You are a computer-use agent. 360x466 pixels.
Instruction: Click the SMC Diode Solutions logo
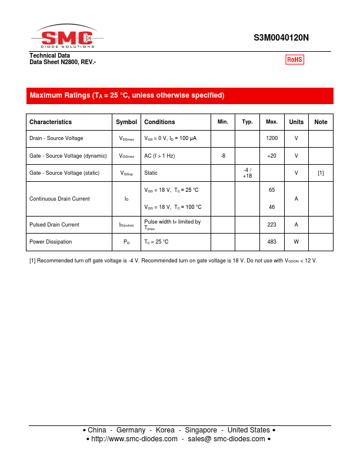66,38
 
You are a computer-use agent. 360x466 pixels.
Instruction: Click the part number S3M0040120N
281,38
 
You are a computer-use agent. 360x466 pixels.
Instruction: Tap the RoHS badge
295,59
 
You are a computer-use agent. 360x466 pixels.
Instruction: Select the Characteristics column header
51,122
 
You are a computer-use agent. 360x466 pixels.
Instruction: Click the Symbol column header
126,122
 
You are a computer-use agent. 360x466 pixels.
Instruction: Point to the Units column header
296,122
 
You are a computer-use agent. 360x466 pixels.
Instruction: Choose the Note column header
321,122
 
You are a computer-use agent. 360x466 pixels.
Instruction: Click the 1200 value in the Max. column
272,138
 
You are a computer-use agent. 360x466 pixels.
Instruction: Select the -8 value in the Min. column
223,156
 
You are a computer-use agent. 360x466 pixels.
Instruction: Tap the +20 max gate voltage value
272,156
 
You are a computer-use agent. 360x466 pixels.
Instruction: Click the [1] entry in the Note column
321,173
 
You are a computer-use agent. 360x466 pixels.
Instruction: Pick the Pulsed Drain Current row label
54,225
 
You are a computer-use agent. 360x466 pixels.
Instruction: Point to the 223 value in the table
272,225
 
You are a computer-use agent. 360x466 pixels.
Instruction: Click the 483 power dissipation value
272,242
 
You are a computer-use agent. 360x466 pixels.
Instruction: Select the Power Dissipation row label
51,242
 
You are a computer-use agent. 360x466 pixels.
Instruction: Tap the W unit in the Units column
296,242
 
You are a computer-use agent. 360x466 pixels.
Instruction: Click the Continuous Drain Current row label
59,199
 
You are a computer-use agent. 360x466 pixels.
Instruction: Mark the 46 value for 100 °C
272,207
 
